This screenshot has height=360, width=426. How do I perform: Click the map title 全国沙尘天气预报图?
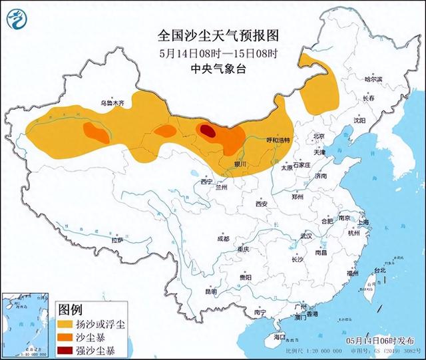pyautogui.click(x=212, y=34)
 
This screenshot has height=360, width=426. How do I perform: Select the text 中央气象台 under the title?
pyautogui.click(x=212, y=68)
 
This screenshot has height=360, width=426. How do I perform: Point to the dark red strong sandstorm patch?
pyautogui.click(x=208, y=131)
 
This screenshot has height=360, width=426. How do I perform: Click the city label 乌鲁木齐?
pyautogui.click(x=112, y=104)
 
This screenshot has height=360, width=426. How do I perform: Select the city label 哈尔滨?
pyautogui.click(x=373, y=79)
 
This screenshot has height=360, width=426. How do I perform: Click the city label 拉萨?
pyautogui.click(x=117, y=240)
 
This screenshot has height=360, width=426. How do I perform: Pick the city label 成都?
pyautogui.click(x=222, y=238)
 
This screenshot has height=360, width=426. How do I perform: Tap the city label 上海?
pyautogui.click(x=363, y=223)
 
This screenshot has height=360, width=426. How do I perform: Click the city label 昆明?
pyautogui.click(x=212, y=291)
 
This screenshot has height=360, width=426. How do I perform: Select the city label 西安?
pyautogui.click(x=260, y=204)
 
